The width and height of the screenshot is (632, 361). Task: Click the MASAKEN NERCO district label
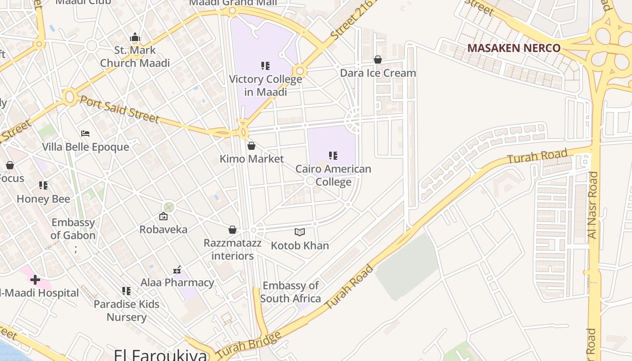point(514,48)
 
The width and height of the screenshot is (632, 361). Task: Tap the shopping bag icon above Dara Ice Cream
point(378,60)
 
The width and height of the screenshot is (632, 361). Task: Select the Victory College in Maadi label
point(265,85)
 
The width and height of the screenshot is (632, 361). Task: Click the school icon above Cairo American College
point(333,156)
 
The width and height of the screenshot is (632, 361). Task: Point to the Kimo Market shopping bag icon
point(251,146)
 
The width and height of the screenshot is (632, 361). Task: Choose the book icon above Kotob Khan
point(300,232)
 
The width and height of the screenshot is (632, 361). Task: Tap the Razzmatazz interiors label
point(232,250)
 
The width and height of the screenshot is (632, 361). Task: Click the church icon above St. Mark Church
point(135,37)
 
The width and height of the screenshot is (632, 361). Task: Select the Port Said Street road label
point(120,109)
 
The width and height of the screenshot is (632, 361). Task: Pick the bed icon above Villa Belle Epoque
point(85,134)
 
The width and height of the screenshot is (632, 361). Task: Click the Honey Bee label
point(43,199)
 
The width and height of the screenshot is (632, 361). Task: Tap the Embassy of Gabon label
point(73,229)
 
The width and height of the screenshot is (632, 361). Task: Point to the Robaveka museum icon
point(163,217)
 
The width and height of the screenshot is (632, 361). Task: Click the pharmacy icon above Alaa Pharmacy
point(177,270)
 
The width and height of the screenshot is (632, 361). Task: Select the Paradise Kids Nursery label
point(126,310)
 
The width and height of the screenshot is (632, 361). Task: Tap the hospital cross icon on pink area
point(35,280)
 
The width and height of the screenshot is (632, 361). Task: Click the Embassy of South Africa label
point(291,292)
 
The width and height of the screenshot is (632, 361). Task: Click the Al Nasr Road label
point(593,205)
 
